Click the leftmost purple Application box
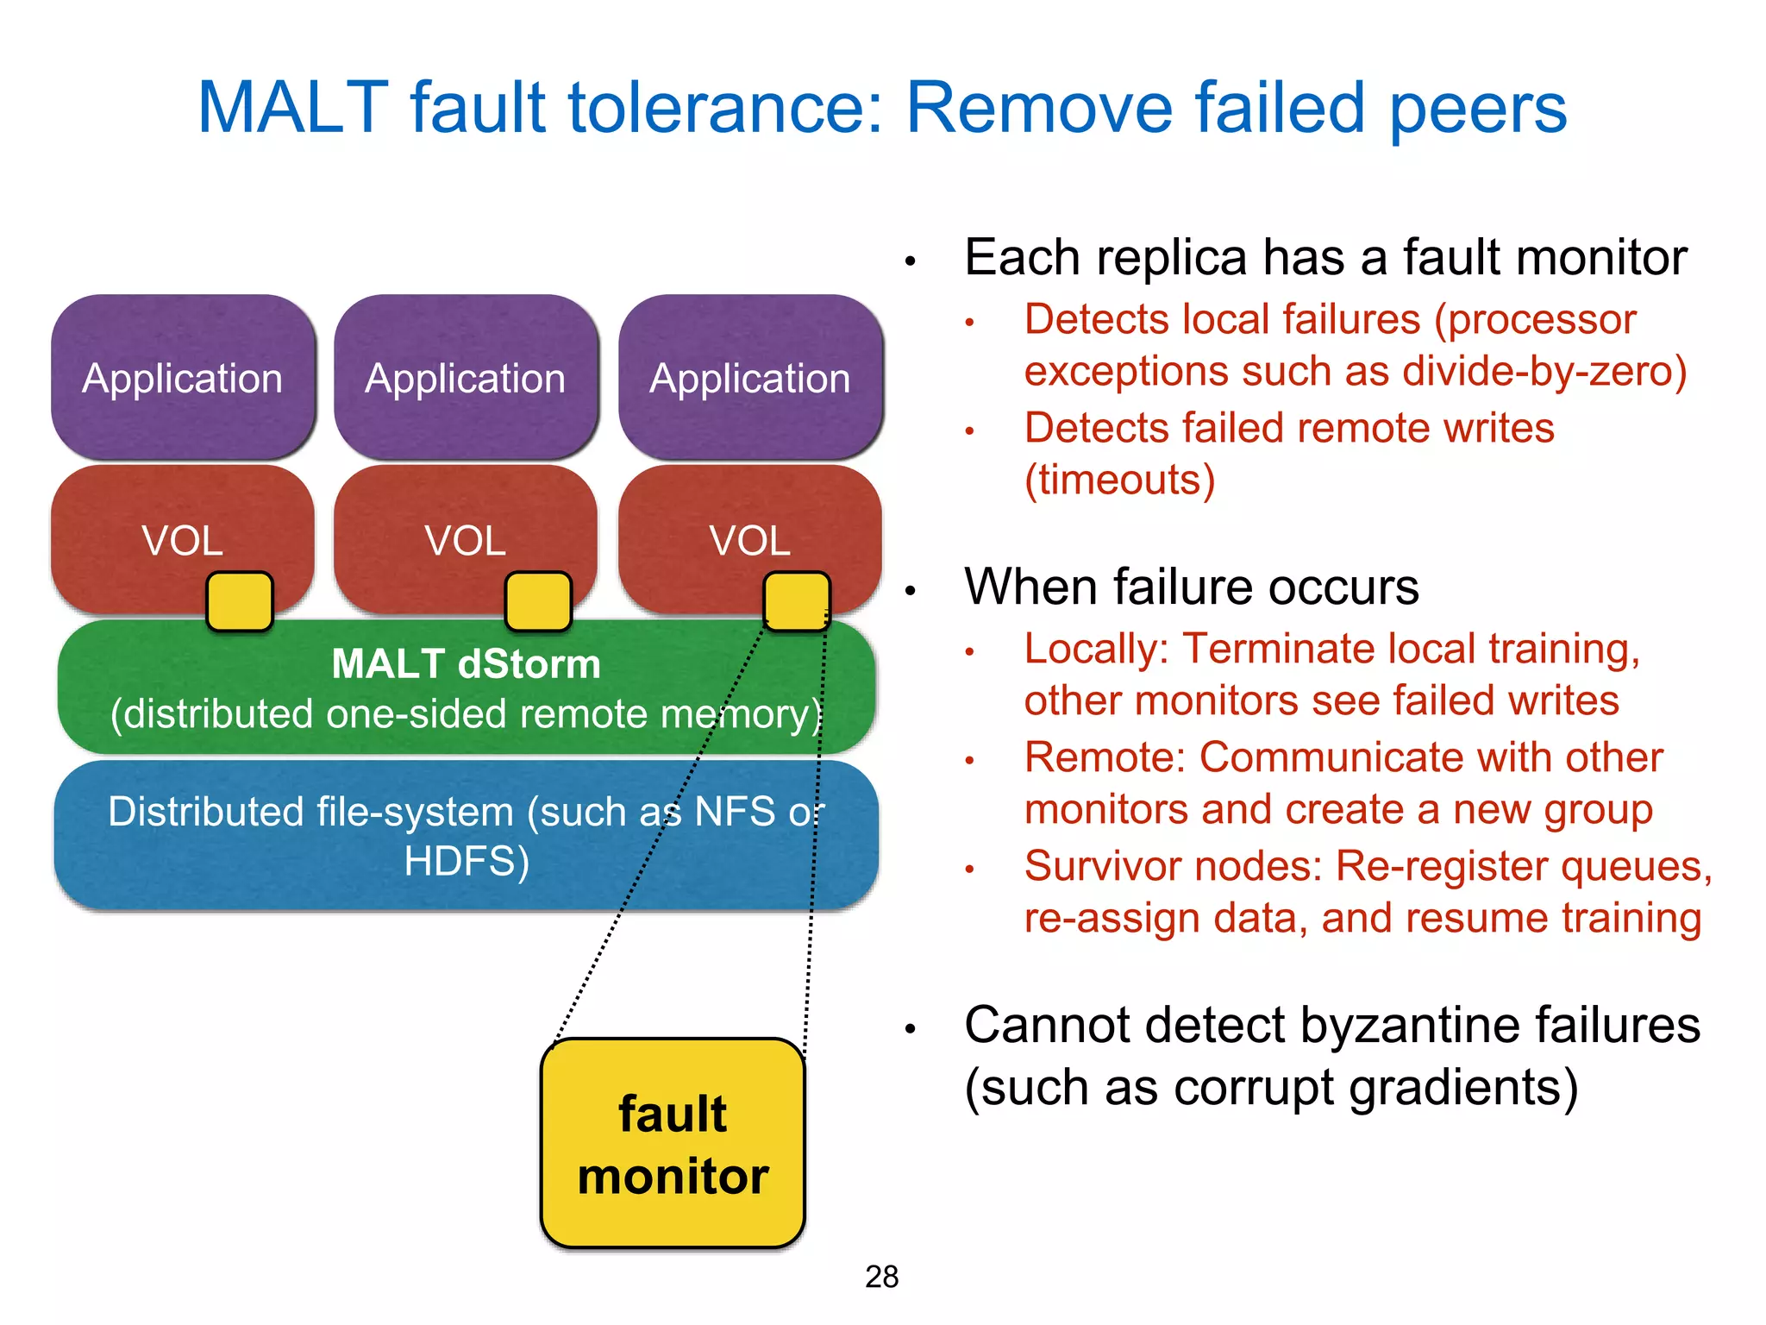click(183, 377)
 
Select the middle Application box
click(466, 377)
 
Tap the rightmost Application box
click(750, 377)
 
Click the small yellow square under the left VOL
click(240, 601)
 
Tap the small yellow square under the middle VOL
click(538, 601)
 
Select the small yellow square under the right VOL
click(797, 601)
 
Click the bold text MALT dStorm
click(466, 664)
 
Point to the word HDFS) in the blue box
click(467, 861)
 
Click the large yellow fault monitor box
click(673, 1143)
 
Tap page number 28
click(881, 1277)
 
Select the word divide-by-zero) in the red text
click(1544, 371)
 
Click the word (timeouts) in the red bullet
click(1119, 480)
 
